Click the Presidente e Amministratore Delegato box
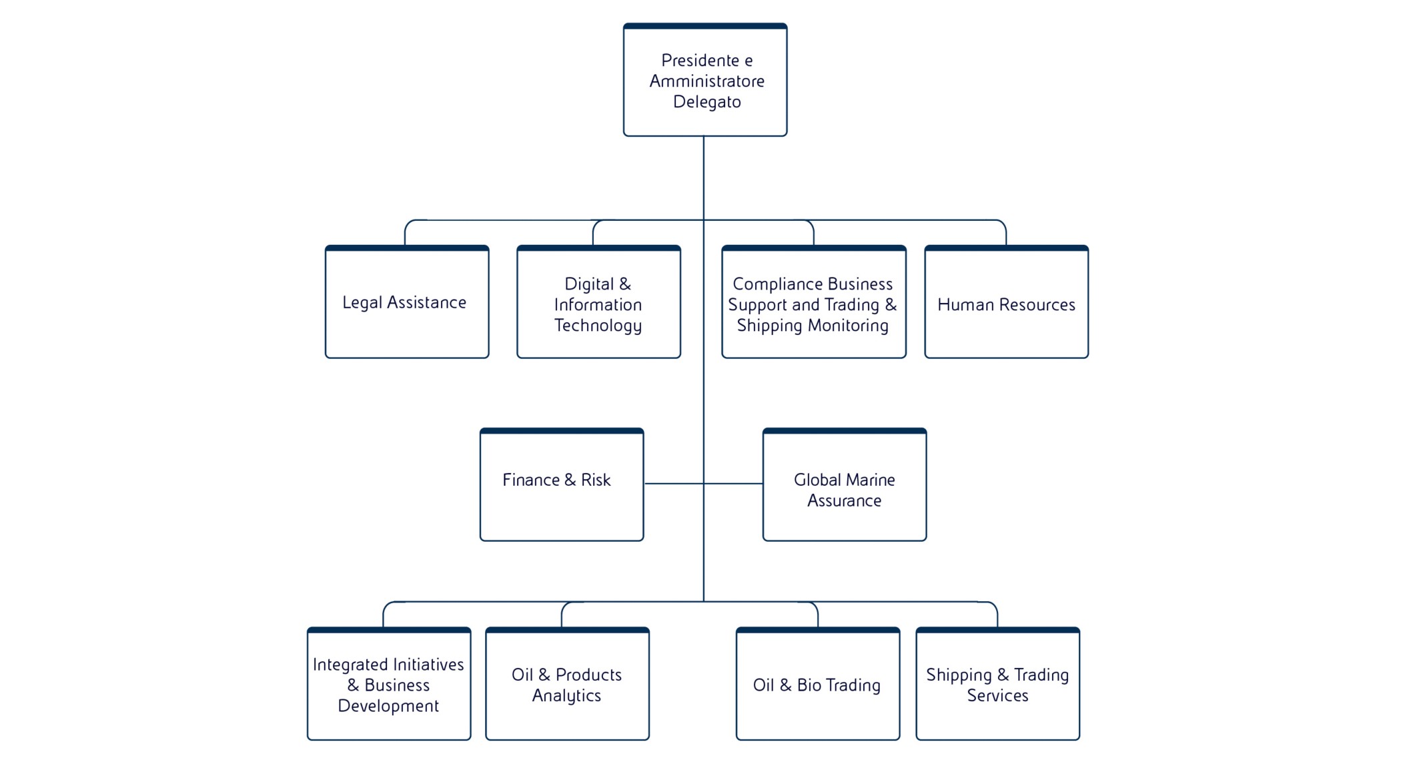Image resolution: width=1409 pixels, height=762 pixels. click(x=705, y=81)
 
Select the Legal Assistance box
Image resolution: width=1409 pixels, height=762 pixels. click(x=407, y=302)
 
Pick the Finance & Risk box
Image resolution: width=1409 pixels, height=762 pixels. click(x=562, y=485)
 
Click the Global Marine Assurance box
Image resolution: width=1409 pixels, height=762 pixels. click(x=844, y=485)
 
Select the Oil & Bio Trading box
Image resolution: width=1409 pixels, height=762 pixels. click(x=817, y=685)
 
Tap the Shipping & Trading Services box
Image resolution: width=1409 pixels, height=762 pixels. click(x=997, y=685)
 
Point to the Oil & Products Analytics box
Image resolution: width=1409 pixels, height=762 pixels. click(x=567, y=685)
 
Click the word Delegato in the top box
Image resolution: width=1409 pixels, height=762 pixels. click(x=707, y=102)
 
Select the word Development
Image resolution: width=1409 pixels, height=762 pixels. click(x=388, y=706)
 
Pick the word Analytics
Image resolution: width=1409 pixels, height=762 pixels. click(x=566, y=696)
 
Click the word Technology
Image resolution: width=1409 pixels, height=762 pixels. click(x=598, y=326)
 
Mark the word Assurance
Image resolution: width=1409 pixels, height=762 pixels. click(x=844, y=500)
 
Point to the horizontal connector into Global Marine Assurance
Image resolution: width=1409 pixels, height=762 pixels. click(x=734, y=483)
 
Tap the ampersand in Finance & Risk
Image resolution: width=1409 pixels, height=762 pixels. click(x=570, y=480)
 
